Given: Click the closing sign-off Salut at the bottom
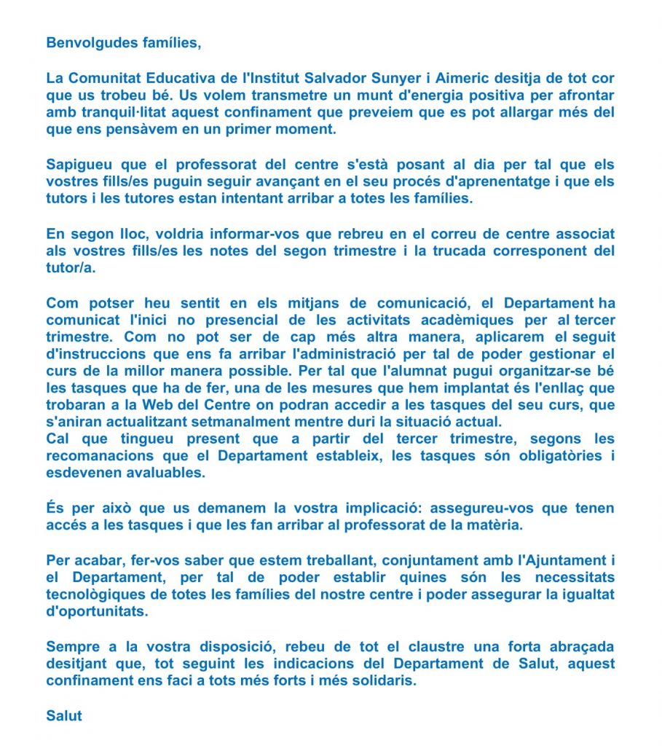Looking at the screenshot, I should pos(64,715).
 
